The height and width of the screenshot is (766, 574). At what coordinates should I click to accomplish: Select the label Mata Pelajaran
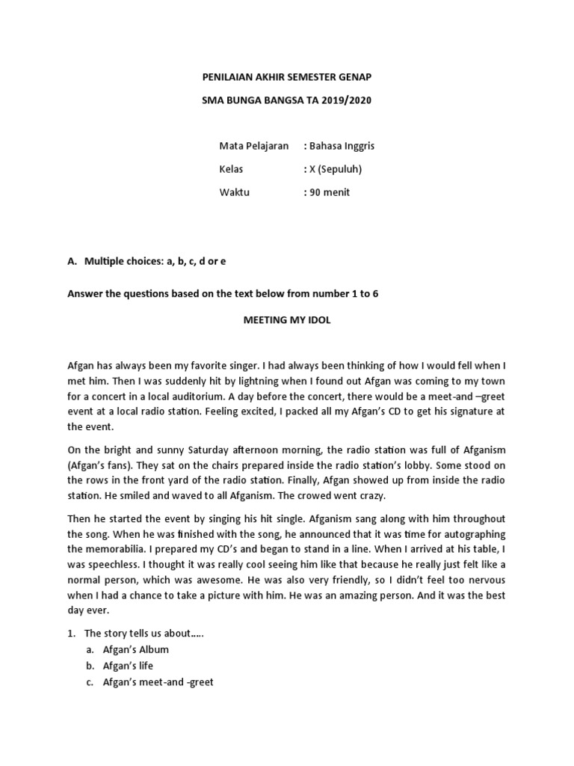pyautogui.click(x=253, y=145)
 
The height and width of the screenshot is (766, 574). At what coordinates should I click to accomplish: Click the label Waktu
pyautogui.click(x=234, y=192)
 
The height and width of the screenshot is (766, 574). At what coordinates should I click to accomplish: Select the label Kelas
pyautogui.click(x=231, y=168)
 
